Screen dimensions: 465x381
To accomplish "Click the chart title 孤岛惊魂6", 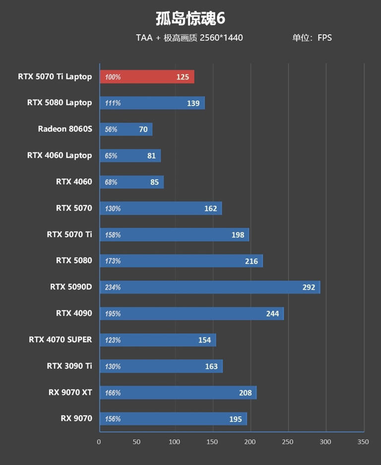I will (190, 18).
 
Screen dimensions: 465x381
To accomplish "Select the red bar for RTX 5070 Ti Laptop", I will (147, 77).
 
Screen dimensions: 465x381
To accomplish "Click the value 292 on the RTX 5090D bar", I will (309, 287).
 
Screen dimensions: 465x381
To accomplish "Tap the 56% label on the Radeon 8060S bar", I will (111, 129).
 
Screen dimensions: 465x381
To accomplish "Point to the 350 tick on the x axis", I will (363, 442).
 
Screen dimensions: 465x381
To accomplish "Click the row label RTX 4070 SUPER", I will (61, 340).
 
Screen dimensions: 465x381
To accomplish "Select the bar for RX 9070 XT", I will (178, 392).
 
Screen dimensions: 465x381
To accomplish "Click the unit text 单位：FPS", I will (312, 38).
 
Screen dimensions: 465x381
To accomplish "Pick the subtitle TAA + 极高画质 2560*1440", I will (189, 38).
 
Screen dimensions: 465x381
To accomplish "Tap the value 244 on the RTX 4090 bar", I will (272, 313).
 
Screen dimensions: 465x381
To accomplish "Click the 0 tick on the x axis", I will (99, 442).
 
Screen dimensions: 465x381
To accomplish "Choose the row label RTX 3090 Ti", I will (69, 366).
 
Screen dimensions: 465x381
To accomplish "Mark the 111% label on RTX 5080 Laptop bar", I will (113, 103).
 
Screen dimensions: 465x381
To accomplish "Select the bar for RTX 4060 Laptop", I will (130, 155).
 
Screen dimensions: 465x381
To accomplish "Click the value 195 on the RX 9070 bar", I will (236, 419).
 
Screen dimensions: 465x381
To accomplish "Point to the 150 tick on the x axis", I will (212, 442).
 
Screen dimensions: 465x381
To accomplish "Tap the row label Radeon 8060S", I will (65, 129).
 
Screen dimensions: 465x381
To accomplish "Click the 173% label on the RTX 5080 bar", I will (113, 261).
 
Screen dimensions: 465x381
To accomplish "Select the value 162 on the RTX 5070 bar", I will (211, 208).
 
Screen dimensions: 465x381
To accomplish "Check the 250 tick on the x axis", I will (288, 442).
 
